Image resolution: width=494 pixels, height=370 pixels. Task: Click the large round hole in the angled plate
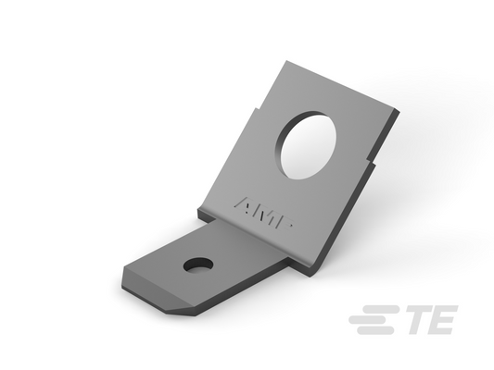point(307,145)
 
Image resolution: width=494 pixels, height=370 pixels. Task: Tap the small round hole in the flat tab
point(198,265)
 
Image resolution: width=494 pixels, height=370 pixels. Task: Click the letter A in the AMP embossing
point(244,205)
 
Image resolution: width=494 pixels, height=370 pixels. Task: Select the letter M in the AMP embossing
point(264,214)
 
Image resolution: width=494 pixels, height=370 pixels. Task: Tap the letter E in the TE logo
point(442,319)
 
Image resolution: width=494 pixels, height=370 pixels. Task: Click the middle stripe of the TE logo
point(371,320)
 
